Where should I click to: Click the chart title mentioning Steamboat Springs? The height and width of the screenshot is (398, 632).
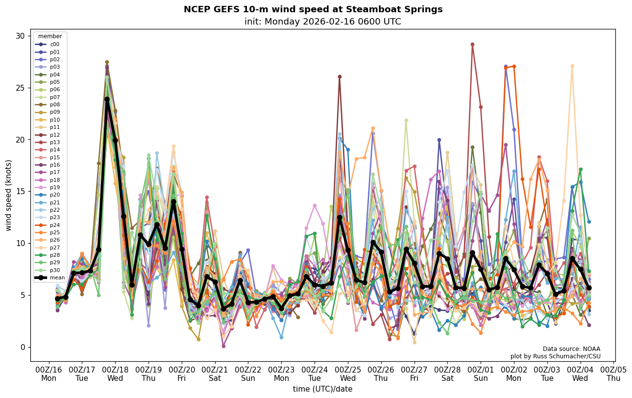click(313, 9)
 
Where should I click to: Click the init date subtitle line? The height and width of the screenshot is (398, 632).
click(322, 22)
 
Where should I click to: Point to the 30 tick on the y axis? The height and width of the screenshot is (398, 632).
click(22, 36)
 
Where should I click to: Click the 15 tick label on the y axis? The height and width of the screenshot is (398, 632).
click(22, 192)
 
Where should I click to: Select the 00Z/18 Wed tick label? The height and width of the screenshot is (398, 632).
click(115, 373)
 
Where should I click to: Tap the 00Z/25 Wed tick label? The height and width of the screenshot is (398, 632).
click(348, 373)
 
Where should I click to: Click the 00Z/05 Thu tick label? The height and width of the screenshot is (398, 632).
click(613, 373)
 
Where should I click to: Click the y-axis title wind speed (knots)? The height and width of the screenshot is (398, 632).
click(9, 195)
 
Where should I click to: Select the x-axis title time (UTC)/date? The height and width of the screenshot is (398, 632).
click(322, 389)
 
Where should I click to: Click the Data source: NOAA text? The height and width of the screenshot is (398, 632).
click(571, 349)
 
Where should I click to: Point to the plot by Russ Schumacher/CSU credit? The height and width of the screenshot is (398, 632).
click(555, 356)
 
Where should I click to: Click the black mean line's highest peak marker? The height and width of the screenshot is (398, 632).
click(107, 99)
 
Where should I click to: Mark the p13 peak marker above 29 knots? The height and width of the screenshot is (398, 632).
click(472, 44)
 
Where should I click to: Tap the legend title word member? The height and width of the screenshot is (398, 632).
click(50, 36)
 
